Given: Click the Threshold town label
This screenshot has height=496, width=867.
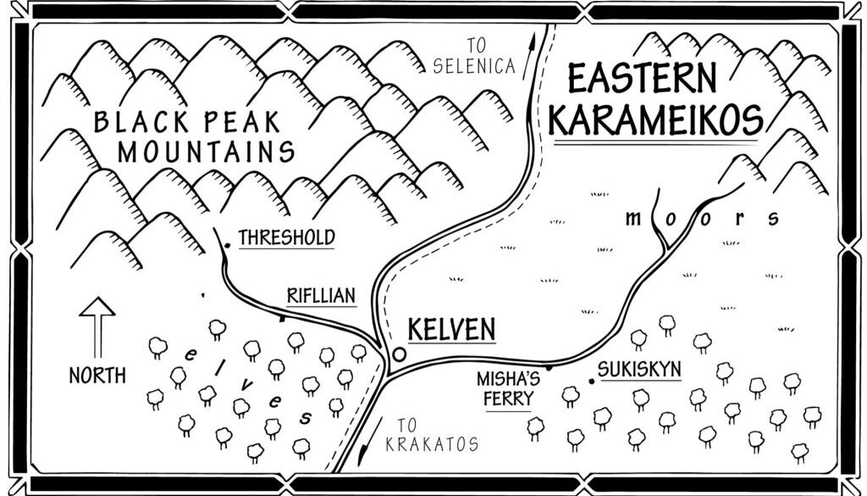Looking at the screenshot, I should tap(286, 237).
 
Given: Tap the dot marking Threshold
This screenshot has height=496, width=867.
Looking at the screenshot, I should tap(228, 246).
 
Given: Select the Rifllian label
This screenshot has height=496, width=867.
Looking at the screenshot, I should tap(319, 296).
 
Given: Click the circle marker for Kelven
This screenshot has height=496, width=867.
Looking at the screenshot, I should tap(400, 353).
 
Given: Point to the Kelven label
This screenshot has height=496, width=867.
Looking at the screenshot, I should tap(450, 329).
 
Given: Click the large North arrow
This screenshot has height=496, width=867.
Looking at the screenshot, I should tap(97, 326).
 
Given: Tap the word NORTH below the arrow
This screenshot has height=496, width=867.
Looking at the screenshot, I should tap(97, 374).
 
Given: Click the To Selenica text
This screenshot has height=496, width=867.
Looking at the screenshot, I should tap(473, 56).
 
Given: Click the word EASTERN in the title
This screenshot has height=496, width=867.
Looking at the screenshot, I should tap(642, 80).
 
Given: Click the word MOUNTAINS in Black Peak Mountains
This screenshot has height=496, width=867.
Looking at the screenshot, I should tap(206, 153).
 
